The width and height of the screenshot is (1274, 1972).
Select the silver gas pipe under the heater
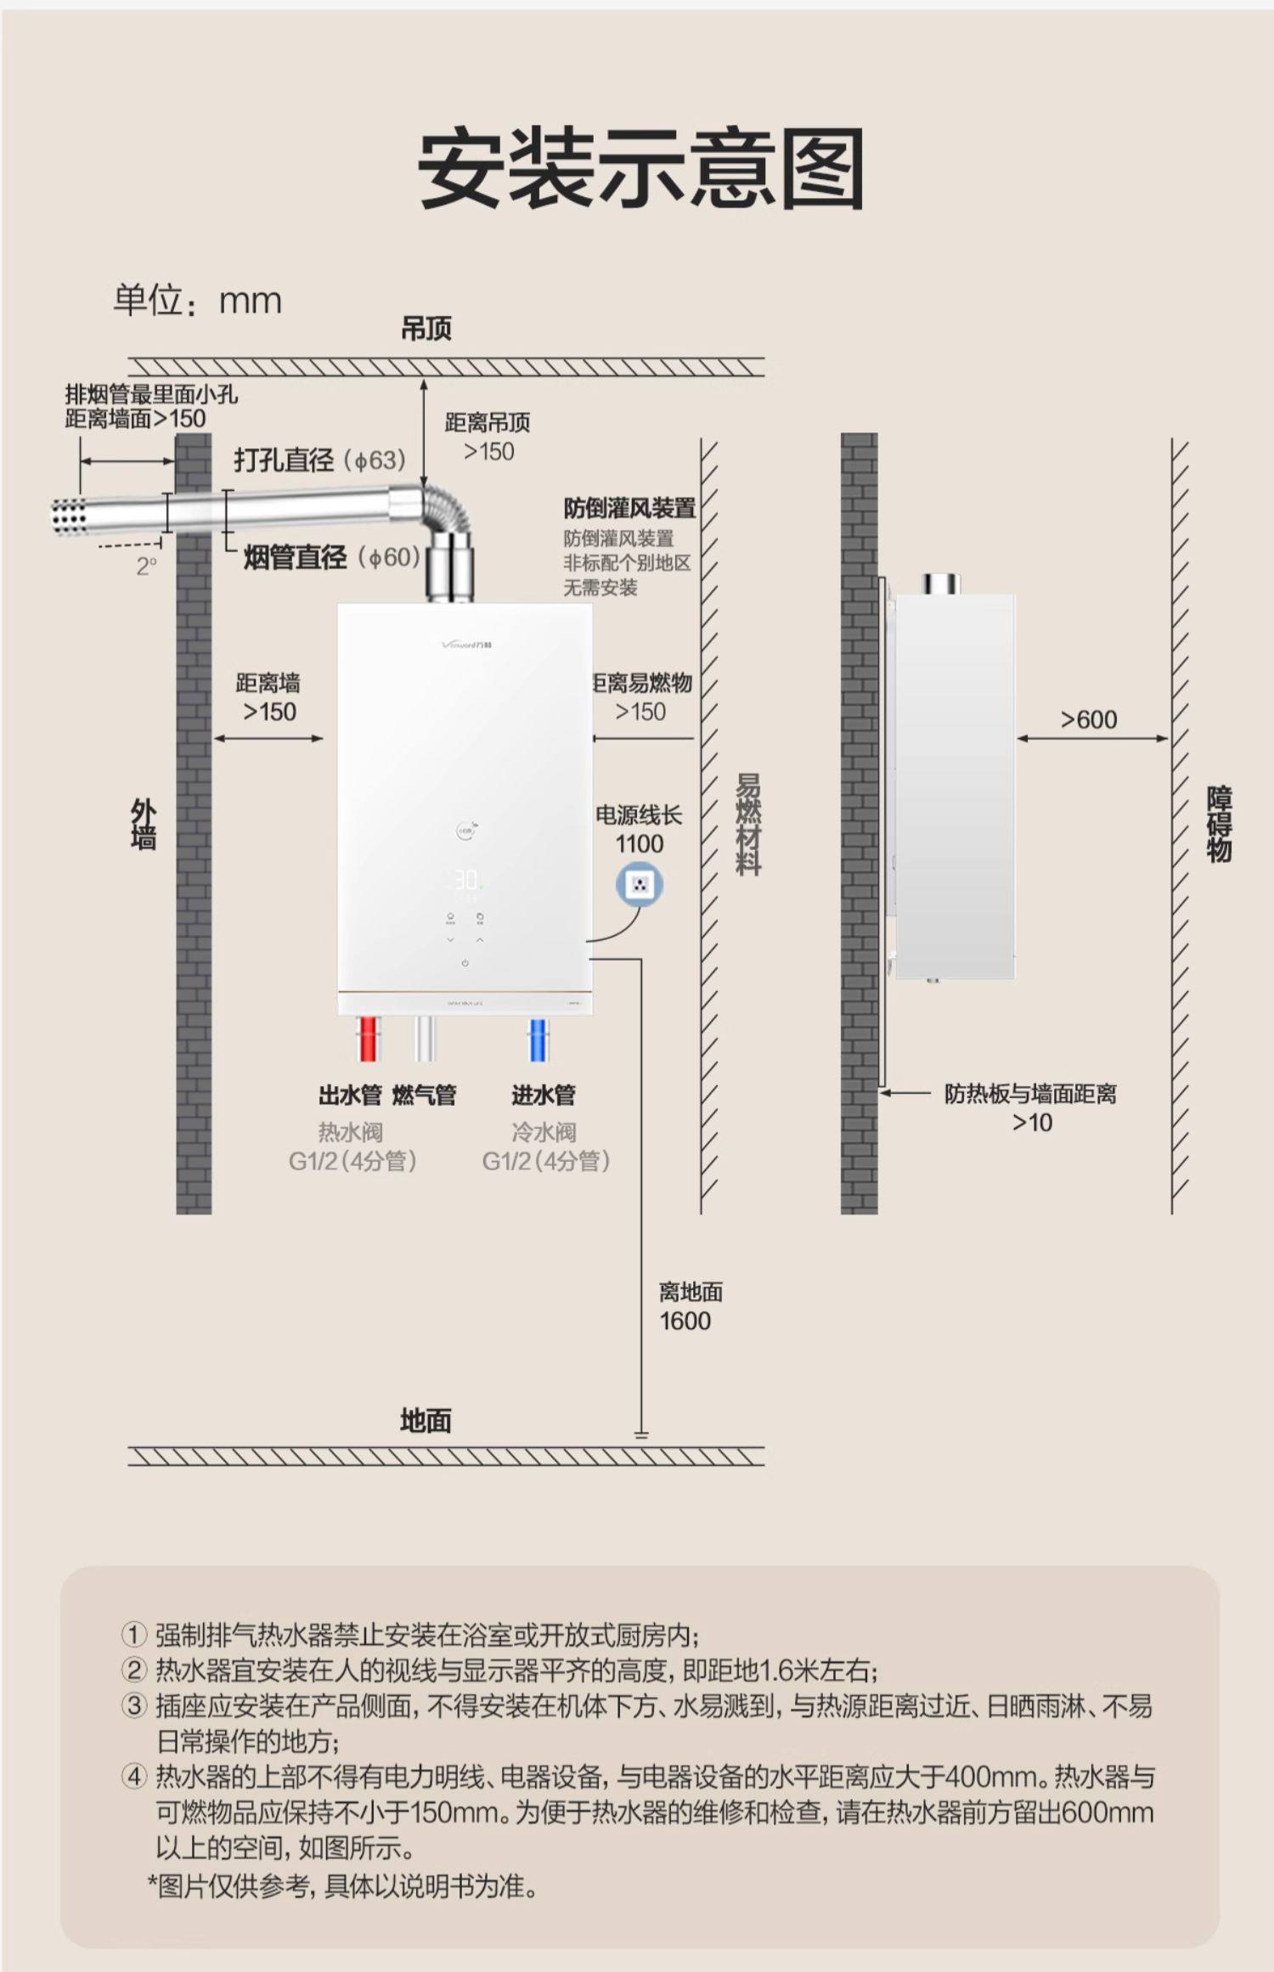pyautogui.click(x=425, y=1038)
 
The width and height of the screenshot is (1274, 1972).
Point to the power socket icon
pyautogui.click(x=640, y=885)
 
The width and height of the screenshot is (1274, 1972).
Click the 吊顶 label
pyautogui.click(x=426, y=329)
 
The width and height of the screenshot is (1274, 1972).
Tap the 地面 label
pyautogui.click(x=426, y=1420)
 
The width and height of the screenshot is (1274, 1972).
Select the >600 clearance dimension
pyautogui.click(x=1088, y=719)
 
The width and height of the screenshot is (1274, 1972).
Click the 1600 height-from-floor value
pyautogui.click(x=685, y=1321)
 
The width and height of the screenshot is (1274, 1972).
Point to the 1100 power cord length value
pyautogui.click(x=639, y=843)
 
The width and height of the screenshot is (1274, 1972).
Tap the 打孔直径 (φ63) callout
pyautogui.click(x=320, y=460)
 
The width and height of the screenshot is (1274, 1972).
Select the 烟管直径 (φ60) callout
pyautogui.click(x=331, y=557)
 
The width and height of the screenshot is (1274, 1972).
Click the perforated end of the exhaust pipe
pyautogui.click(x=69, y=516)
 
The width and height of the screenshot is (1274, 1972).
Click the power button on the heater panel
pyautogui.click(x=465, y=963)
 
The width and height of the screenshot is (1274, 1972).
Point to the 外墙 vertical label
pyautogui.click(x=143, y=824)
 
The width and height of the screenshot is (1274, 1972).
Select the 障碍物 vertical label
pyautogui.click(x=1219, y=824)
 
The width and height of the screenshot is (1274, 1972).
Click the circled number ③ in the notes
pyautogui.click(x=134, y=1705)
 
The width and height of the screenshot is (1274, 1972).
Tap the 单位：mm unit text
pyautogui.click(x=197, y=301)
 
